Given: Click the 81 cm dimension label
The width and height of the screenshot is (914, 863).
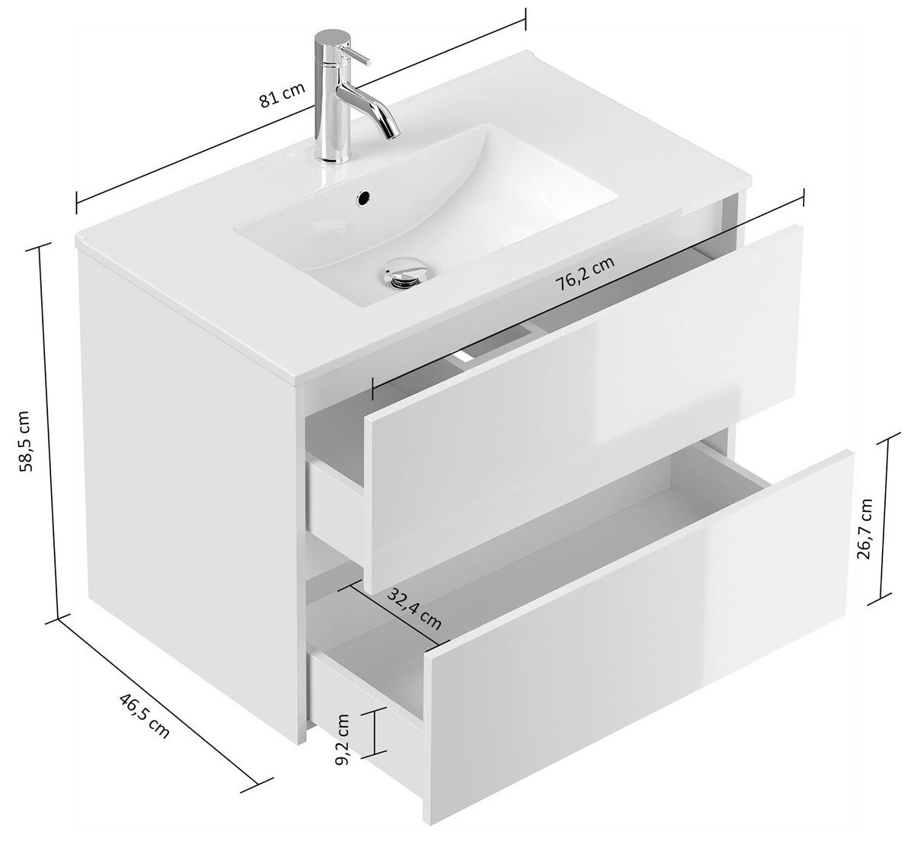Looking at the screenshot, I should point(281,96).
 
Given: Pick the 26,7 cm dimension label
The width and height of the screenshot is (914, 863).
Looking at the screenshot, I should point(864,529).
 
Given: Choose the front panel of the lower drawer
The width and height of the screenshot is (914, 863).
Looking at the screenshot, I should point(640,640).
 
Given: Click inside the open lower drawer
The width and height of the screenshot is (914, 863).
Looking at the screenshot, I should point(579,533).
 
